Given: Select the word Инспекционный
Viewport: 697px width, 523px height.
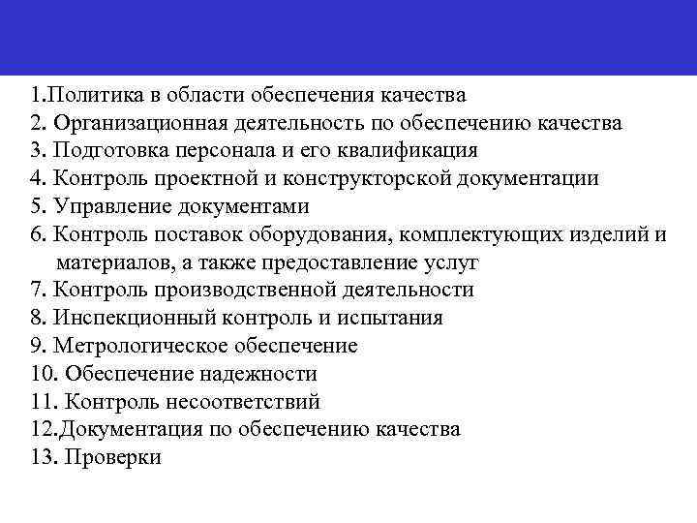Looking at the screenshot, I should (x=127, y=318).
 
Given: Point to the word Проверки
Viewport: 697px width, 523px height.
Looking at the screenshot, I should (x=111, y=457).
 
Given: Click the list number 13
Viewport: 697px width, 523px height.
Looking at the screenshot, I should (x=43, y=457).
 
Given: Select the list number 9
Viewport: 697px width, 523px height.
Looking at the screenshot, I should (x=38, y=346).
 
